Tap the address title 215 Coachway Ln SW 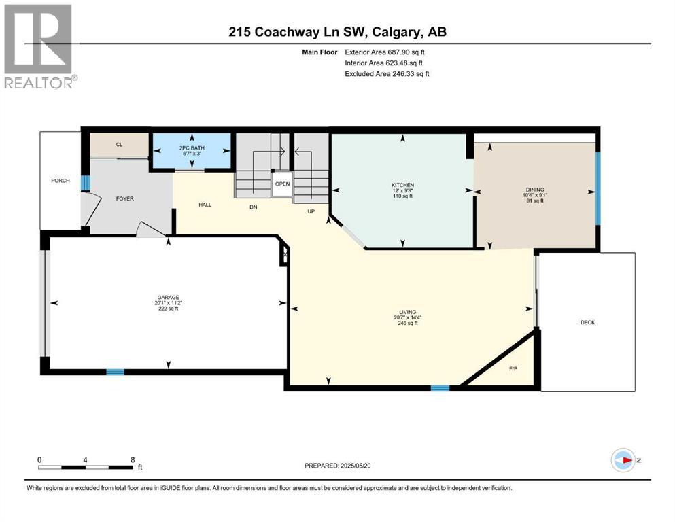coord(337,31)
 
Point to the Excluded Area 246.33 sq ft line coord(387,73)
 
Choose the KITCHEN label coord(402,185)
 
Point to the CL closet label coord(119,144)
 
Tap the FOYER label coord(124,199)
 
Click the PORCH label coord(60,180)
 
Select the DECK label coord(587,322)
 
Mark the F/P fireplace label coord(513,369)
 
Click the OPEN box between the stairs coord(283,184)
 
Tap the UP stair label coord(310,211)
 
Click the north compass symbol coord(623,459)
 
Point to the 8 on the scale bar coord(131,459)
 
